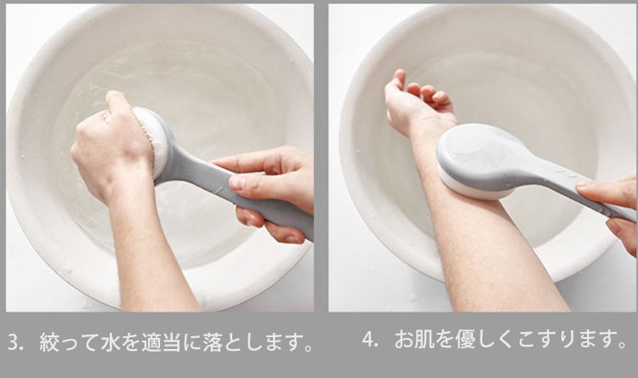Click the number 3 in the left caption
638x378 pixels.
tap(14, 342)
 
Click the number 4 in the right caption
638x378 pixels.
tap(368, 339)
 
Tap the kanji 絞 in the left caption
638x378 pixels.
tap(48, 342)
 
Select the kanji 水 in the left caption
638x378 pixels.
tap(110, 342)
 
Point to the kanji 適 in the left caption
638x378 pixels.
tap(151, 342)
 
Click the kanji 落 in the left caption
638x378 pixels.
tap(211, 342)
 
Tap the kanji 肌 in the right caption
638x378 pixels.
tap(424, 340)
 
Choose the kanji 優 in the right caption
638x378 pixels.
tap(464, 340)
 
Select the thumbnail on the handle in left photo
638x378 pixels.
tap(237, 182)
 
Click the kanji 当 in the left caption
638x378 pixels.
tap(171, 342)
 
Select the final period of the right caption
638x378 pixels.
tap(621, 344)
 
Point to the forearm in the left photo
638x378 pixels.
tap(151, 253)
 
